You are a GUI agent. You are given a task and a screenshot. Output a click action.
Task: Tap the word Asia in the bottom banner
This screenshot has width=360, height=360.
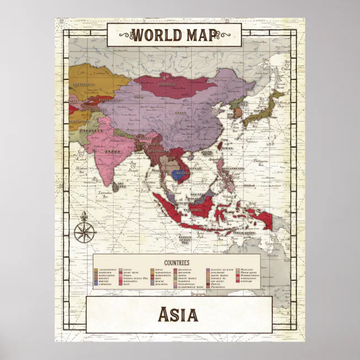(178, 315)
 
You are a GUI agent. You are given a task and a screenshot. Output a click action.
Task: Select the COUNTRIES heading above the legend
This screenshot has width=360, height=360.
(177, 262)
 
